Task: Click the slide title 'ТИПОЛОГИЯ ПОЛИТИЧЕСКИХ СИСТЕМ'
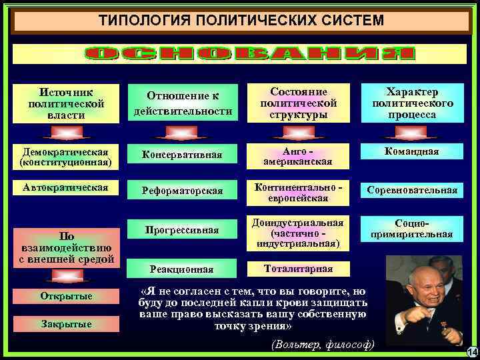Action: coord(241,20)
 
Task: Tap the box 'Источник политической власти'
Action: coord(66,103)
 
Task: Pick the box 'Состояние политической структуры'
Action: coord(298,103)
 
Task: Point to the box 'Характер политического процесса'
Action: coord(413,103)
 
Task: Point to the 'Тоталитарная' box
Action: coord(298,268)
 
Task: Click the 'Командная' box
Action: coord(413,151)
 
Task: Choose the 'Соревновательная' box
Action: coord(413,191)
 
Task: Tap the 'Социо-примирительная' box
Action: coord(413,229)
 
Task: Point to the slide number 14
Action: coord(471,351)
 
